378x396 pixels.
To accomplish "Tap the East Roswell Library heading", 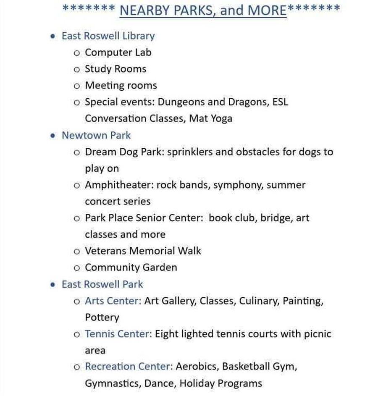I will click(x=108, y=36).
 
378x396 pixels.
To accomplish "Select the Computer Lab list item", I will click(x=118, y=52).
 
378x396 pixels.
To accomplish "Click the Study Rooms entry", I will click(x=115, y=69).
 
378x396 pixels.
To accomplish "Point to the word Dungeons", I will click(x=181, y=102).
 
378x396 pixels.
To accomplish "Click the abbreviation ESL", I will click(x=279, y=102).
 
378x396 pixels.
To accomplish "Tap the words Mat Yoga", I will click(x=210, y=118).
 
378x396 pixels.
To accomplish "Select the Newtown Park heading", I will click(x=96, y=135).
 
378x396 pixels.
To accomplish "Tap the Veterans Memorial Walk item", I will click(x=143, y=251).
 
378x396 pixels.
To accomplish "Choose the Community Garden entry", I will click(x=131, y=267).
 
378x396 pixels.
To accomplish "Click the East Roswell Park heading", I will click(x=102, y=284).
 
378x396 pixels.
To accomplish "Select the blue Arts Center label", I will click(x=113, y=301).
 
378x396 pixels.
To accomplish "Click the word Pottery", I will click(x=102, y=317).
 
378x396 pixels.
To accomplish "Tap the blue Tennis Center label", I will click(x=118, y=334).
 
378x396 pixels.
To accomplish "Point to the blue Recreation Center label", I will click(x=129, y=367).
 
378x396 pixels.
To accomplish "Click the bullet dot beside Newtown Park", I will click(x=52, y=136).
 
